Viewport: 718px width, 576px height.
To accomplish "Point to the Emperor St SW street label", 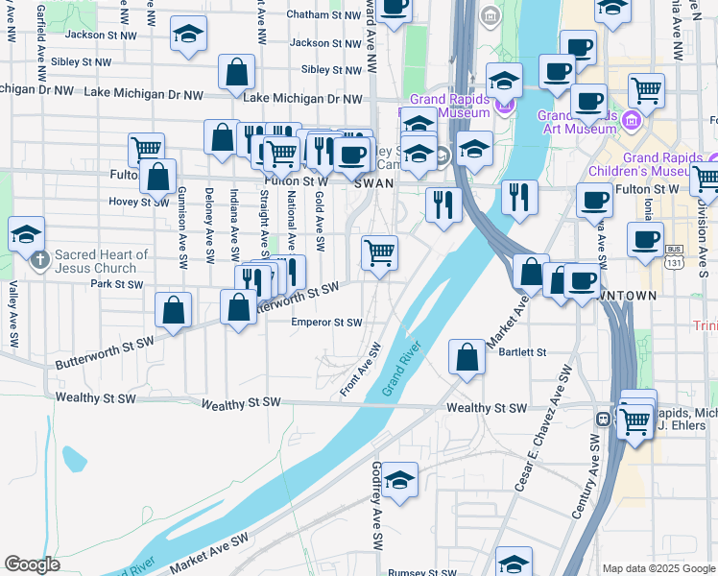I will tap(327, 323).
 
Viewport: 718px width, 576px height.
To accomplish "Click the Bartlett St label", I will tap(523, 352).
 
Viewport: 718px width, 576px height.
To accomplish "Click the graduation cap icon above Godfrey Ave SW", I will tap(399, 479).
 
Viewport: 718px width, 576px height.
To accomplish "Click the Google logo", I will tap(32, 564).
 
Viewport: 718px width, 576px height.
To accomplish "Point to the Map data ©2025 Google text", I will tap(658, 568).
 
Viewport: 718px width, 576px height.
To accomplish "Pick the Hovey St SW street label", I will tap(112, 202).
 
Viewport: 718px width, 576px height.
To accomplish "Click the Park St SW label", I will tap(116, 284).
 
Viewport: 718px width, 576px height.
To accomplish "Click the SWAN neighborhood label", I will tap(373, 181).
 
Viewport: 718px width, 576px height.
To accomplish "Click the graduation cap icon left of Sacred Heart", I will tap(26, 233).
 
